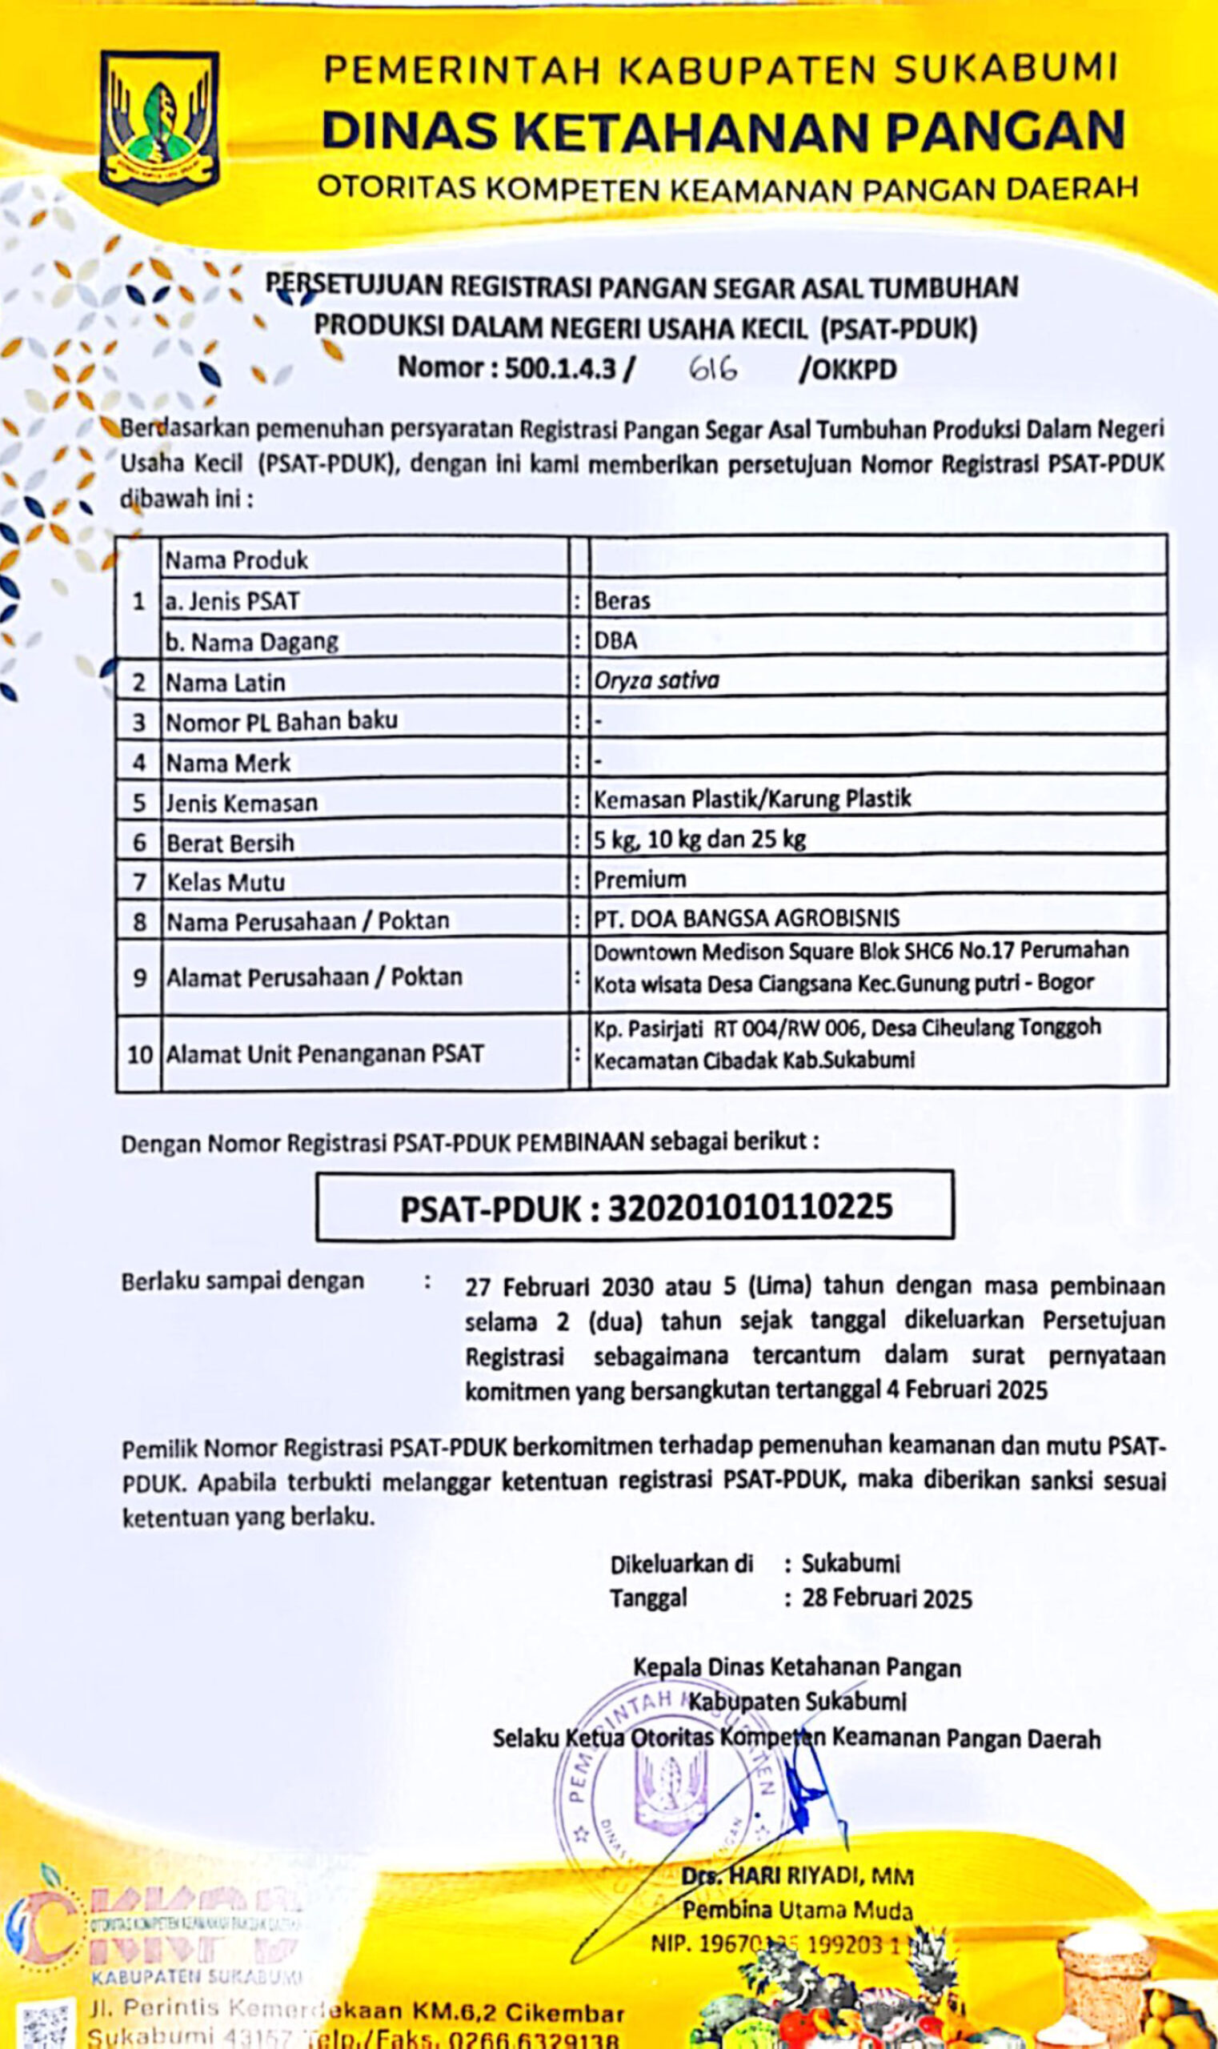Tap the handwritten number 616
(712, 370)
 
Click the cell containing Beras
(622, 601)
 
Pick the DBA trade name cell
(615, 641)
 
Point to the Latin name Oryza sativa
(655, 680)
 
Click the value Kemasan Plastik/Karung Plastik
(751, 800)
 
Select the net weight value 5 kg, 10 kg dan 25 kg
(699, 840)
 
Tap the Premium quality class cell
(639, 880)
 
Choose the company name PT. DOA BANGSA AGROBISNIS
(746, 919)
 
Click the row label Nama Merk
(228, 764)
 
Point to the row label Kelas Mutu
(226, 883)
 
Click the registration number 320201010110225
(749, 1208)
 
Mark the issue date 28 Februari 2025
(887, 1599)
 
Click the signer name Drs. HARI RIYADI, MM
(797, 1877)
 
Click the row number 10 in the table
(139, 1054)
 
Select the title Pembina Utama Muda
(797, 1911)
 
